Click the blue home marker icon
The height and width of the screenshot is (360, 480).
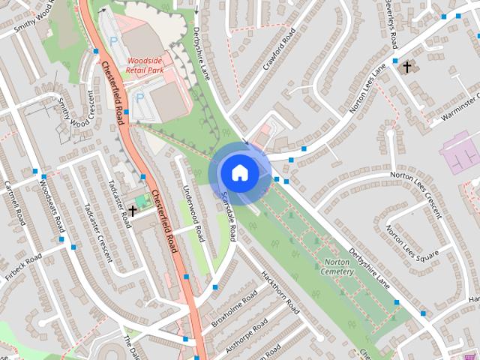[239, 173]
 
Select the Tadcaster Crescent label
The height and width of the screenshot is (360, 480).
[97, 232]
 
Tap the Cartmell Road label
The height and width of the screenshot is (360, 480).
[15, 202]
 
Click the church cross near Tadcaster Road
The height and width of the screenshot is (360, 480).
[133, 211]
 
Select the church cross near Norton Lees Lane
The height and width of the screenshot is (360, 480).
[407, 67]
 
